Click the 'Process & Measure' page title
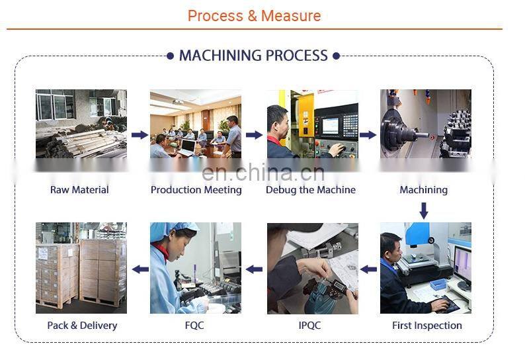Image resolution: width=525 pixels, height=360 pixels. click(x=254, y=16)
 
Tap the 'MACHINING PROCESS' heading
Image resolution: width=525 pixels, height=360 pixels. click(x=253, y=56)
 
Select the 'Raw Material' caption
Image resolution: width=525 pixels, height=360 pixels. click(x=79, y=190)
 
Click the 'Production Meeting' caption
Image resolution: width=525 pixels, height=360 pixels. click(x=196, y=190)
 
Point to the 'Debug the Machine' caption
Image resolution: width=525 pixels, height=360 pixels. click(x=310, y=190)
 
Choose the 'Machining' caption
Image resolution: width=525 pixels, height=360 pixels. click(x=423, y=190)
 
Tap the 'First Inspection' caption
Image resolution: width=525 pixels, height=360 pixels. click(x=426, y=326)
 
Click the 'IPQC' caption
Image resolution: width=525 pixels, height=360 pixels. click(x=311, y=326)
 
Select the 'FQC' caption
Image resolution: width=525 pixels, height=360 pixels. click(x=195, y=326)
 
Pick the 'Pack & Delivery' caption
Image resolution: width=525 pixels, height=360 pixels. click(x=82, y=326)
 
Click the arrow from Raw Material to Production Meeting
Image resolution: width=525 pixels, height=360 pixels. click(x=139, y=135)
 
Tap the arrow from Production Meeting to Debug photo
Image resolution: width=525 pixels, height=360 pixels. click(x=254, y=135)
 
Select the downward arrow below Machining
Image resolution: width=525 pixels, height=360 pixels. click(x=424, y=210)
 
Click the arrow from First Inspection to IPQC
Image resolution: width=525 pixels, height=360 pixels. click(x=368, y=269)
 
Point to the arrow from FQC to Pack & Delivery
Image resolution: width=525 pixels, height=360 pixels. click(x=140, y=269)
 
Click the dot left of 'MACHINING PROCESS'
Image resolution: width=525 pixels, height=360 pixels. click(x=171, y=56)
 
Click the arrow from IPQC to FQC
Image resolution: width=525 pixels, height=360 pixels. click(x=254, y=269)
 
